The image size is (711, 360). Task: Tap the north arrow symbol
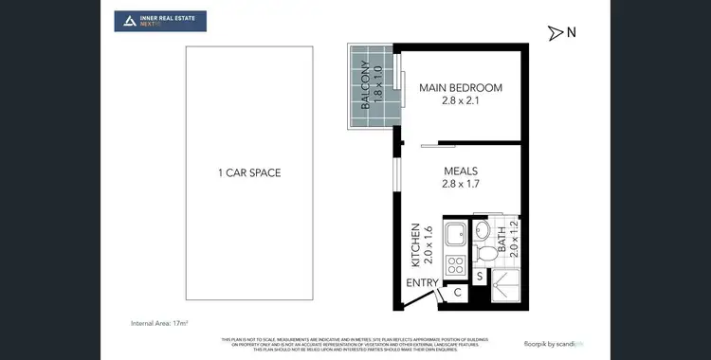tap(555, 33)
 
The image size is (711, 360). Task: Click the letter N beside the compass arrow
tap(572, 32)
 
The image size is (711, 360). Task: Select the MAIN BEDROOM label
tap(461, 88)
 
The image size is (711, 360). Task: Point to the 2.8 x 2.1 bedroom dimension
tap(461, 102)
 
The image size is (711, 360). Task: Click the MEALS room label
tap(461, 171)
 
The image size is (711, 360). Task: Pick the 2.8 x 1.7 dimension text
tap(461, 186)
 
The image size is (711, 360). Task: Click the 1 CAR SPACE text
tap(249, 172)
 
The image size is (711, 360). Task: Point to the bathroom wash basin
tap(482, 230)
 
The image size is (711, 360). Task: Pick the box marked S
tap(480, 277)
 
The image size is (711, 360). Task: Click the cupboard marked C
tap(457, 294)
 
